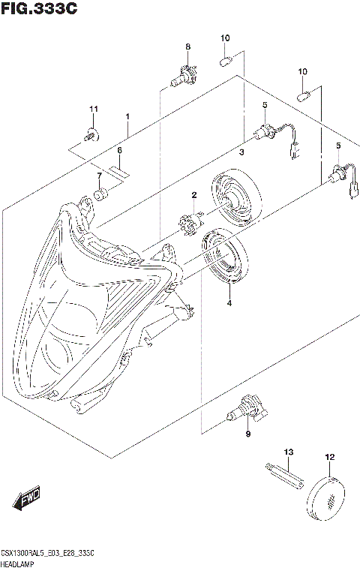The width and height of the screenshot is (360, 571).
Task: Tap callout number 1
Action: pos(127,117)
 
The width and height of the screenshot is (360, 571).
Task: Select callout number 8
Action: pos(187,47)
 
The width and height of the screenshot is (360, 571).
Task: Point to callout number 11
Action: pos(94,111)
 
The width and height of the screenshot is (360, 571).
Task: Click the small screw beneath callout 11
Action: pos(91,136)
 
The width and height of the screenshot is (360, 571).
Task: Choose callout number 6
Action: pos(118,150)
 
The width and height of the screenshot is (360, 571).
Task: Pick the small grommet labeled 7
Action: pos(100,197)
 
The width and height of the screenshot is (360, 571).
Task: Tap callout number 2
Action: pos(193,195)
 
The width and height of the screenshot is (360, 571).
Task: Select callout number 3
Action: pos(241,152)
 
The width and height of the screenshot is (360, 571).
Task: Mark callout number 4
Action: pos(230,302)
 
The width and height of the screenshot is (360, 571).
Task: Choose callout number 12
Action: pos(328,457)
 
